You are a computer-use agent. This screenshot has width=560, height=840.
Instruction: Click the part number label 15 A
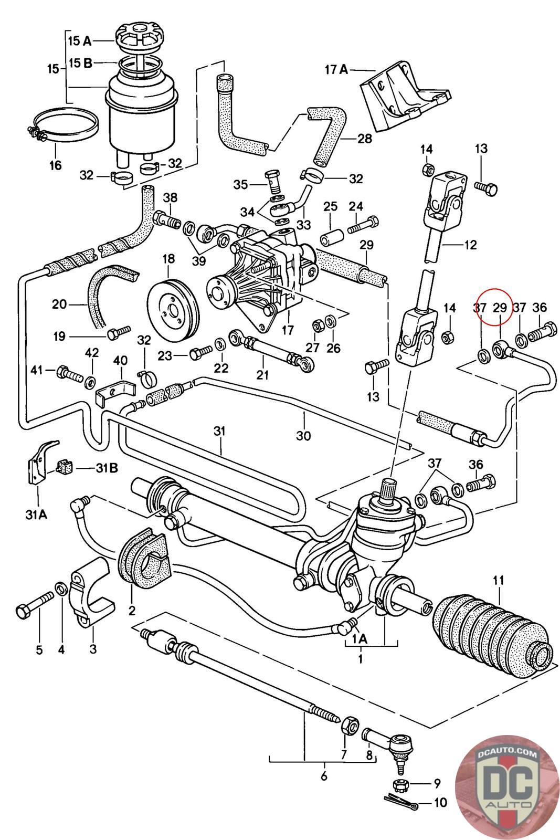80,40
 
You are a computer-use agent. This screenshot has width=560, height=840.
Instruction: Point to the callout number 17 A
336,69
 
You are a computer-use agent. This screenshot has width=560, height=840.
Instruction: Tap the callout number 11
498,580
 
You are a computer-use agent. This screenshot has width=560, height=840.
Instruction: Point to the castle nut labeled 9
400,784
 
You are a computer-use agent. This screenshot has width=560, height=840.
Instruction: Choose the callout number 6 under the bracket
323,775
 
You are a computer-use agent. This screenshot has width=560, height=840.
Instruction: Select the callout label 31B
106,467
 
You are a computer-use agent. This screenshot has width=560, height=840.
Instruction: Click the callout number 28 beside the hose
364,139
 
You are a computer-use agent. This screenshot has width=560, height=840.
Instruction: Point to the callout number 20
59,304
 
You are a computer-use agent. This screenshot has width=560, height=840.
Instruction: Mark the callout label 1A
359,639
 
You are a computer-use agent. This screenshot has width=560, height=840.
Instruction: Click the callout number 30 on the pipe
303,435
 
